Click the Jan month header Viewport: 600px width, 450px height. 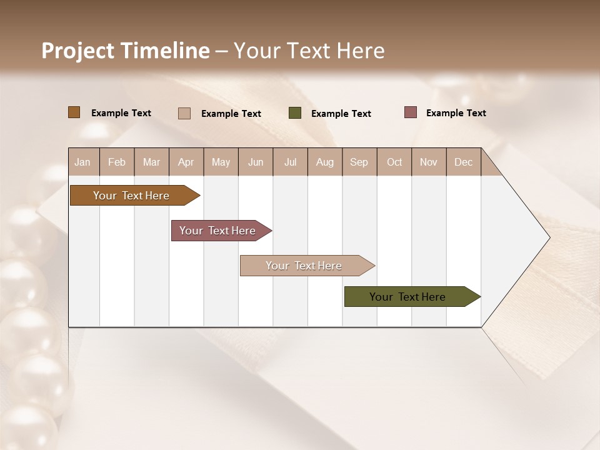click(x=82, y=162)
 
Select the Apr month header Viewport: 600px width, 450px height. click(x=186, y=162)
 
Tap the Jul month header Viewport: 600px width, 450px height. click(x=290, y=162)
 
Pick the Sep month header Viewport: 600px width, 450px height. click(x=359, y=162)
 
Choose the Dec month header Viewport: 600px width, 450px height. click(x=463, y=162)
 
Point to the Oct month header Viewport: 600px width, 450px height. click(x=394, y=162)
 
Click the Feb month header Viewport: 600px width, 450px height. click(x=117, y=162)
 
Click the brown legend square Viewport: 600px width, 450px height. click(x=74, y=112)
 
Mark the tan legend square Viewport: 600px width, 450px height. click(x=184, y=113)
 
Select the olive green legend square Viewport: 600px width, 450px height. click(x=295, y=113)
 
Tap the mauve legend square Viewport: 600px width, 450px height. click(x=411, y=112)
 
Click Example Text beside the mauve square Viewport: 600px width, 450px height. click(x=456, y=113)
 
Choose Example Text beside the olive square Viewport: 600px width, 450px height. click(x=341, y=114)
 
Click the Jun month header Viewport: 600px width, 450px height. click(x=256, y=162)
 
